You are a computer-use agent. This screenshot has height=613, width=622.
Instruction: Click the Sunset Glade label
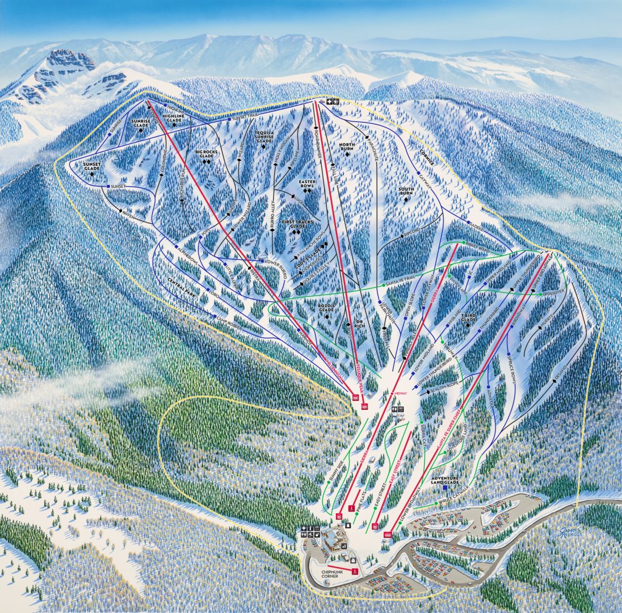[x=91, y=166]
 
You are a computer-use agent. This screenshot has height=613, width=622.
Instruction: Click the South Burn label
[x=405, y=191]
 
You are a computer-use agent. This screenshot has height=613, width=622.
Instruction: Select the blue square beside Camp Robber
[x=215, y=316]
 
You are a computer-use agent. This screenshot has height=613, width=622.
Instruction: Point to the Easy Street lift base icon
[x=375, y=526]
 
